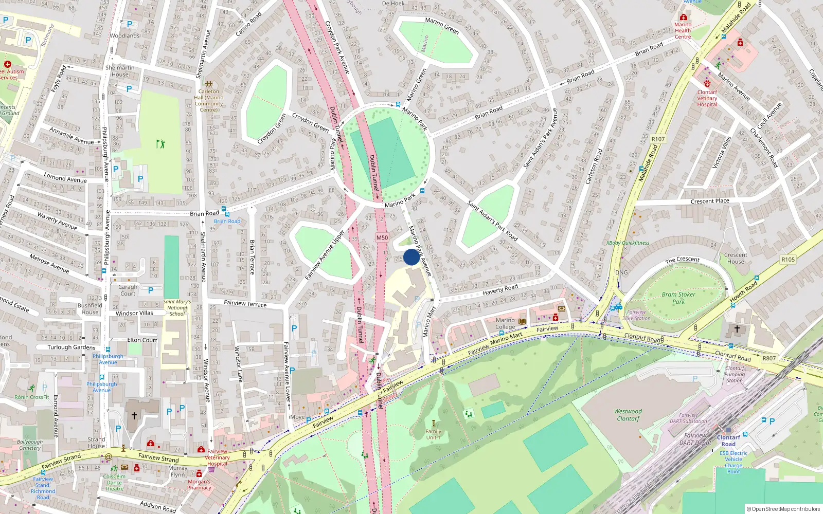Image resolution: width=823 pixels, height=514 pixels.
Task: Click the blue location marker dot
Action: point(411,257)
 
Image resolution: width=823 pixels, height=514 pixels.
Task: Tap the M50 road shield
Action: point(382,237)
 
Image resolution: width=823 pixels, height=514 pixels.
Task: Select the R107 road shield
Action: point(658,139)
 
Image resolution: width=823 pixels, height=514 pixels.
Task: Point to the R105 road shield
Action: point(788,260)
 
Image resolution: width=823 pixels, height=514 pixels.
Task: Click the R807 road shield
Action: point(769,358)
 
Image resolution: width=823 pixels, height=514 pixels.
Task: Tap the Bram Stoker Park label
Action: point(678,298)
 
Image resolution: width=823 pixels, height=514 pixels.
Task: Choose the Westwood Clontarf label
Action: point(628,415)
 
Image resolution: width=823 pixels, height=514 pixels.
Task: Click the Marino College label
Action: point(505,323)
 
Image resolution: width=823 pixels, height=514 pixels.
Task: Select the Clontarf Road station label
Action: point(728,440)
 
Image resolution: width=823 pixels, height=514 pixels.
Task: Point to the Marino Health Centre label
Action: point(683,30)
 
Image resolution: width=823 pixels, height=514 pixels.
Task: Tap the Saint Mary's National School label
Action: point(177,307)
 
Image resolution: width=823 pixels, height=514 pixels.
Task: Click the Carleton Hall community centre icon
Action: point(209,84)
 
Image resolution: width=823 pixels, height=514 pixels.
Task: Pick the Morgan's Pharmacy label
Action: point(199,485)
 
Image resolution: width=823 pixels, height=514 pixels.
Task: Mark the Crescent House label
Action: point(736,258)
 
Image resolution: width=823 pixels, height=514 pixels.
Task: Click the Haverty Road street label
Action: point(500,290)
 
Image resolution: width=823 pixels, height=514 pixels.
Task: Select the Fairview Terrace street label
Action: point(245,303)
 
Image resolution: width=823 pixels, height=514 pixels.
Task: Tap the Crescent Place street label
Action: point(710,201)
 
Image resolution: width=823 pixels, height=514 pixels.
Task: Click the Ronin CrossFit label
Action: point(32,397)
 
